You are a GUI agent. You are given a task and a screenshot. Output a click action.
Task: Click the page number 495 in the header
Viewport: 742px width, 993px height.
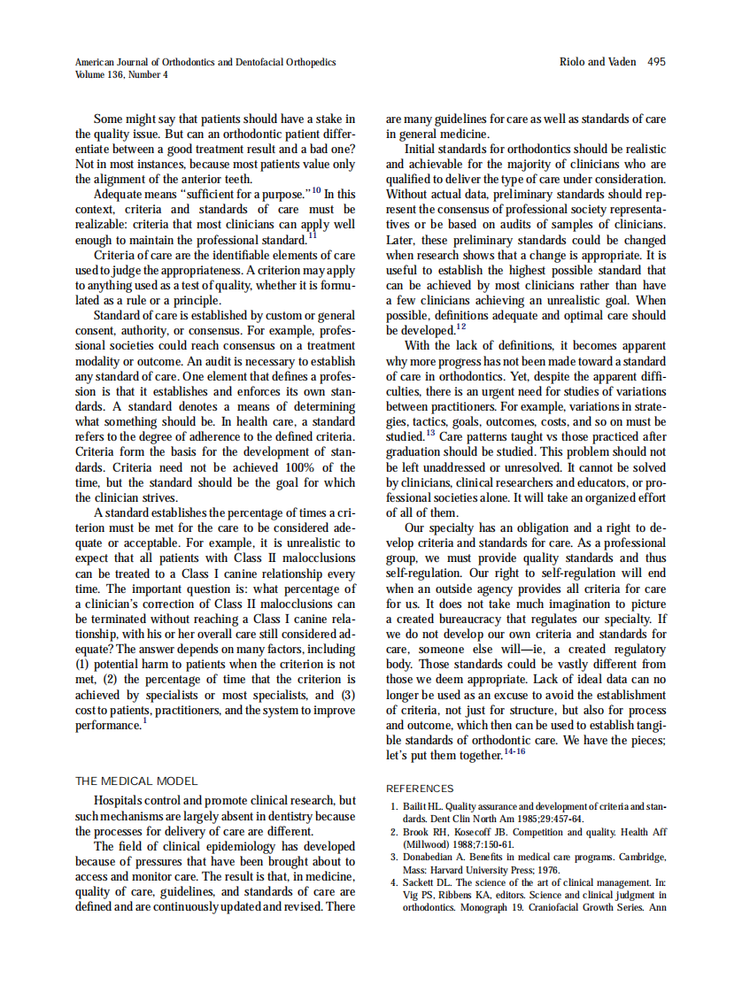(x=656, y=62)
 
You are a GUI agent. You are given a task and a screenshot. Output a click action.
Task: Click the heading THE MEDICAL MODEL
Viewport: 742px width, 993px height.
(x=136, y=781)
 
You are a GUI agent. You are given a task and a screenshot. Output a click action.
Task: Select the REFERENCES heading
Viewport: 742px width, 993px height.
(x=420, y=789)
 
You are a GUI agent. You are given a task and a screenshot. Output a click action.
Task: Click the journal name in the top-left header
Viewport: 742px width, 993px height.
(x=205, y=62)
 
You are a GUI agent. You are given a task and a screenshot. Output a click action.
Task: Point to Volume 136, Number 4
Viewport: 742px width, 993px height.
(x=122, y=75)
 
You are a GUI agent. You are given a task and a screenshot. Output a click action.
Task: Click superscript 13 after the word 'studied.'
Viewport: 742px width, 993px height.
(x=430, y=432)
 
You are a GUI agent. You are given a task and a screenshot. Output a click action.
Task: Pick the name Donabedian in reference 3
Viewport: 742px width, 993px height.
(x=432, y=857)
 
